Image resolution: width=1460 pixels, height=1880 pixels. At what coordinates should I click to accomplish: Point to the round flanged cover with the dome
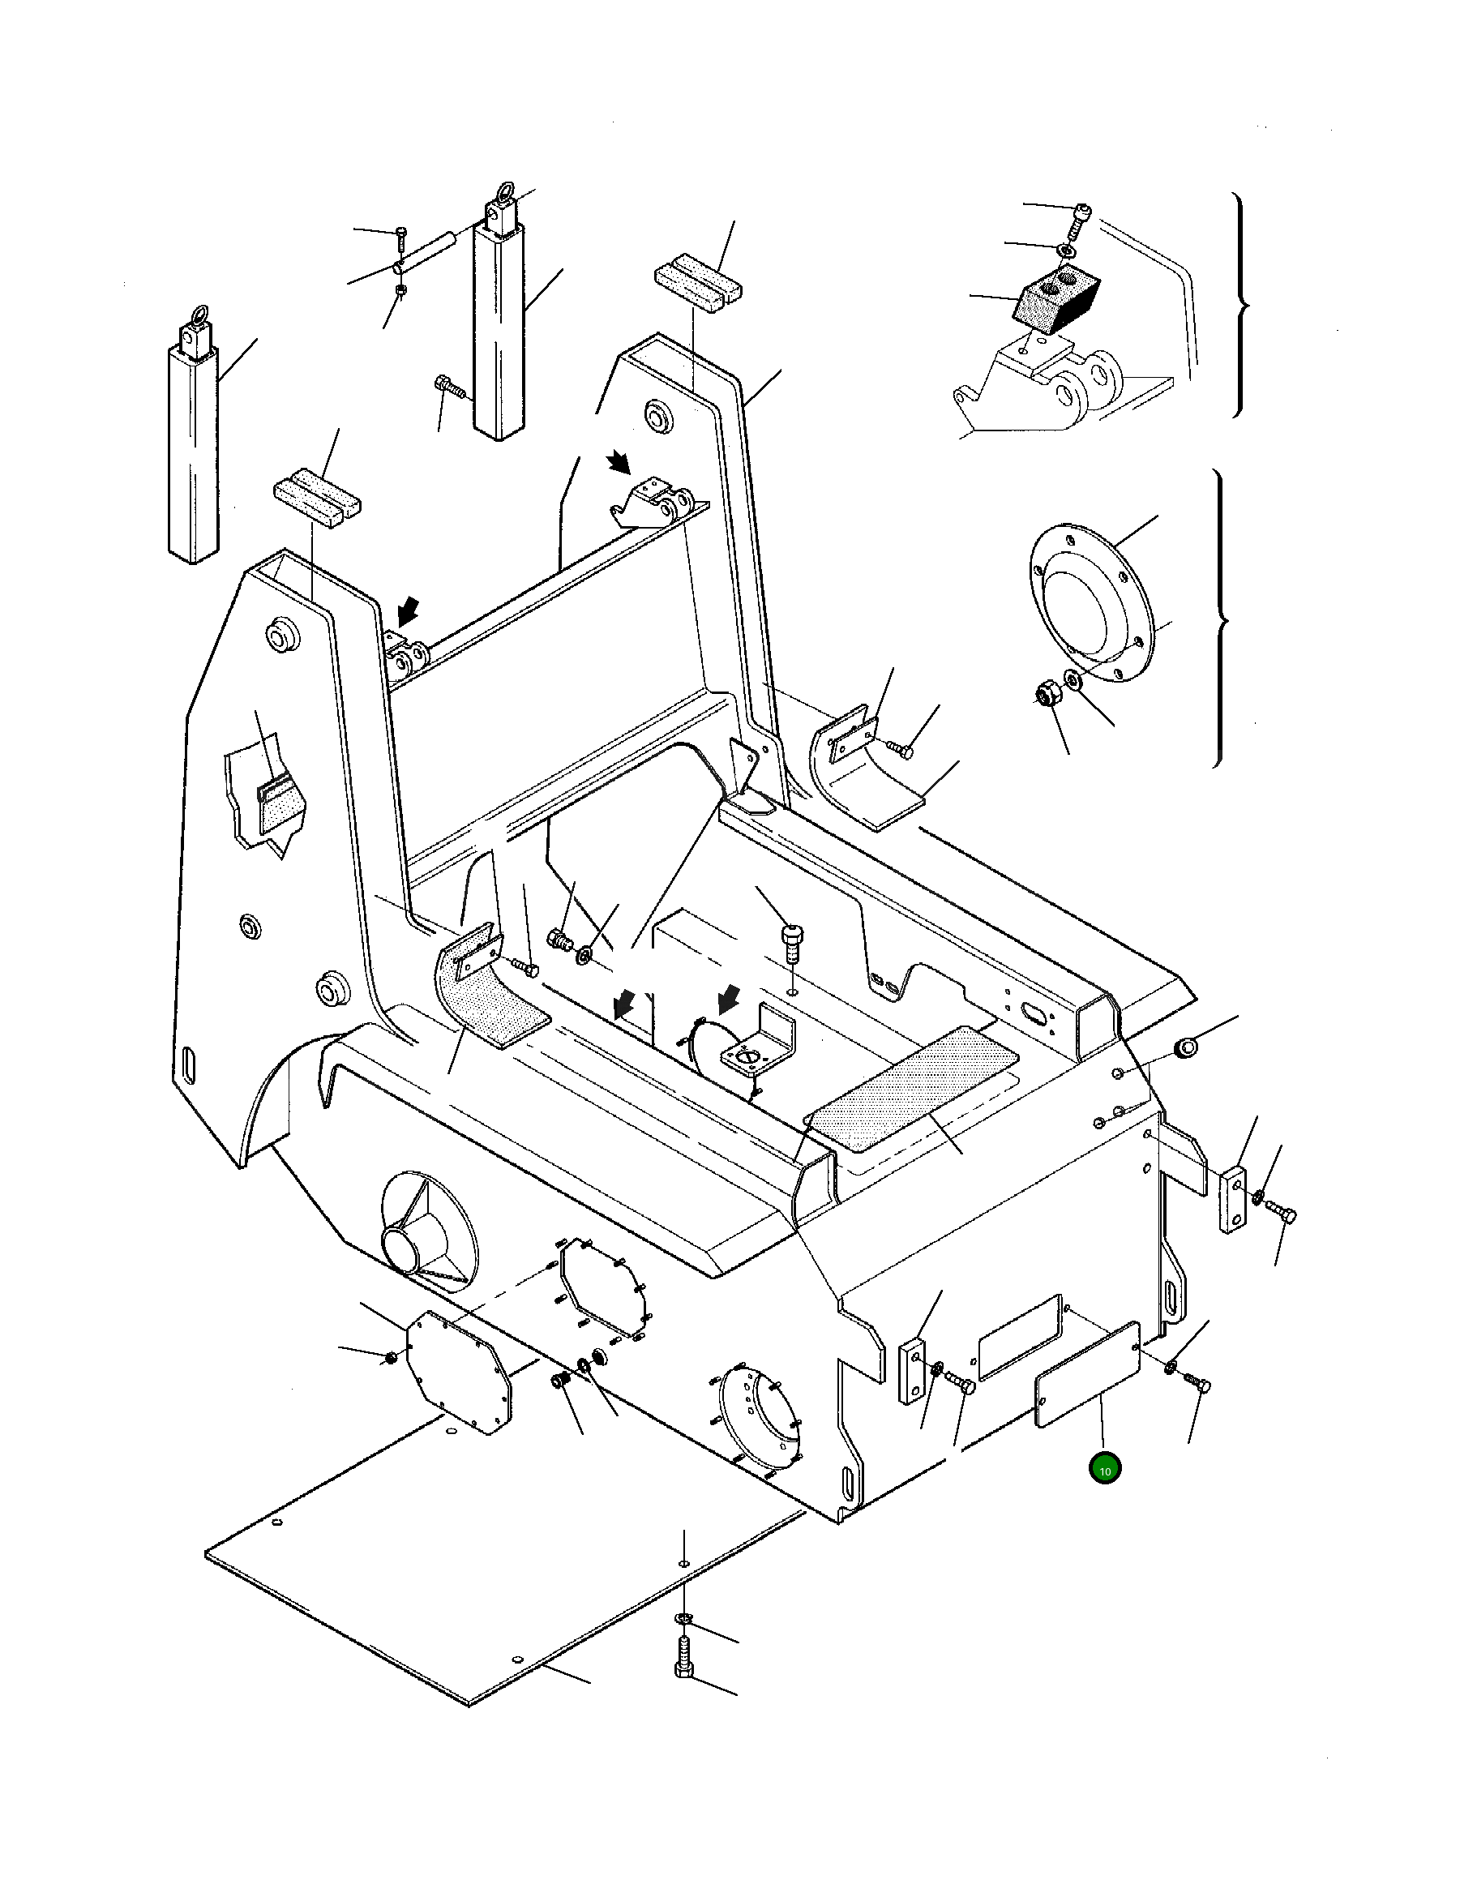[x=1090, y=602]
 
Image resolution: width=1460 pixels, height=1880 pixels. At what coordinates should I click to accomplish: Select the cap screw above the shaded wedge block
[x=1080, y=219]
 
